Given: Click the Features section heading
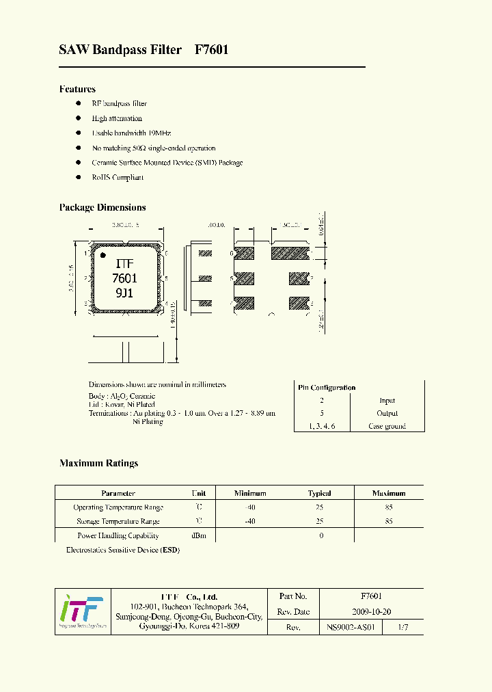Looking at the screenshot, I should point(77,89).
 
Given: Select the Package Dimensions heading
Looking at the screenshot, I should point(102,207).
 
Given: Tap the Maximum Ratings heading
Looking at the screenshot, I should point(98,463).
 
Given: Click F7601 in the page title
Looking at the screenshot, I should point(211,50).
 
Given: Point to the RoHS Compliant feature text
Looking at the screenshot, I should point(118,178).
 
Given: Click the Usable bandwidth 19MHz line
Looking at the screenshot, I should point(131,133).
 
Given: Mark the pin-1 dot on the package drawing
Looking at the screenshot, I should point(103,255).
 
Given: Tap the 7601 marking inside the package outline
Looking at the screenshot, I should point(124,278).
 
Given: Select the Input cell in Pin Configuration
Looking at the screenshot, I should point(387,401).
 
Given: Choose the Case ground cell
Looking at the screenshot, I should point(387,426).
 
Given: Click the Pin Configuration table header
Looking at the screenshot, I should point(327,388).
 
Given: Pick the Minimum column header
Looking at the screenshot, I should point(250,493).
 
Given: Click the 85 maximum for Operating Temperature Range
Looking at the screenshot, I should point(389,507).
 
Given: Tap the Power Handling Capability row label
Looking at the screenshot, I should point(118,535).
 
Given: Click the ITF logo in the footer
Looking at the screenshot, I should point(82,611).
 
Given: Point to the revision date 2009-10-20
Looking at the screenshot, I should point(371,612).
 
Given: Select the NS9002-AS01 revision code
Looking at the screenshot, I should point(351,627).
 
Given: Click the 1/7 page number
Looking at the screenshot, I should point(405,627).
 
